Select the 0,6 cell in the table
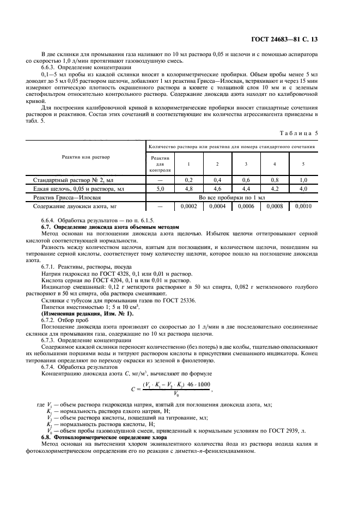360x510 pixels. pos(246,179)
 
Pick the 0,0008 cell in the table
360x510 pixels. pos(274,207)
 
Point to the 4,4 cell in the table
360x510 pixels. pos(246,188)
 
